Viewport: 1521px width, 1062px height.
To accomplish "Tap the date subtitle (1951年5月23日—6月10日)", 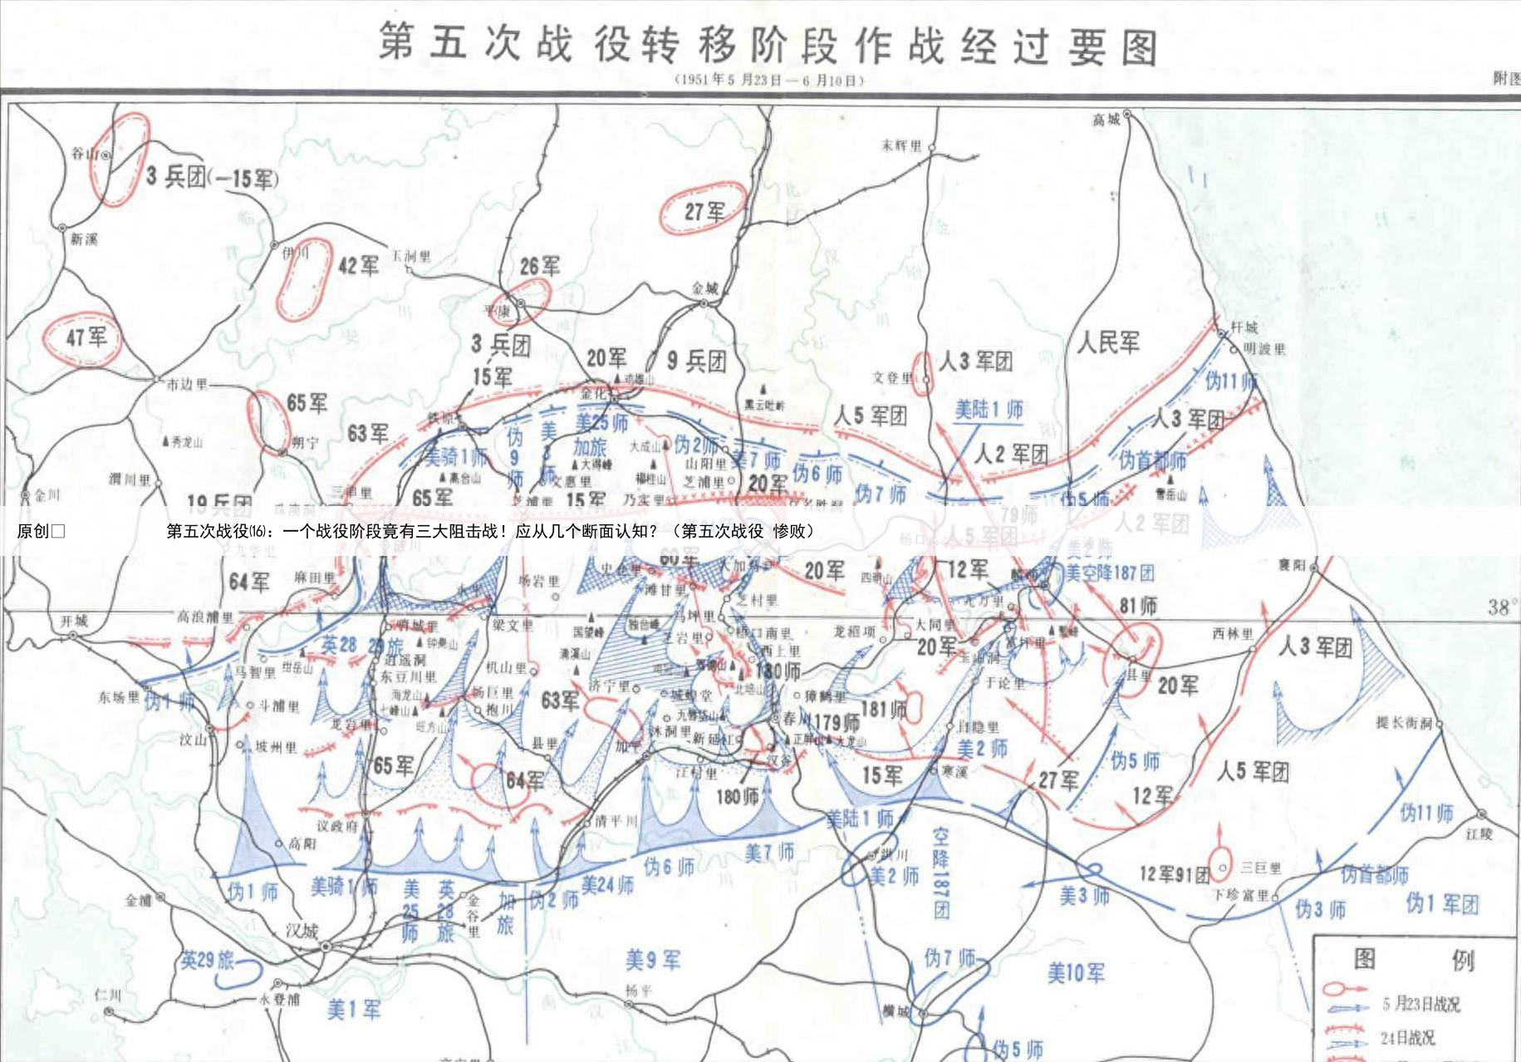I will click(768, 81).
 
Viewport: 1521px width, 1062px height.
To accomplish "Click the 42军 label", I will click(358, 265).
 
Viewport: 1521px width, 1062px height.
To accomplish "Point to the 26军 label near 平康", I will click(540, 266).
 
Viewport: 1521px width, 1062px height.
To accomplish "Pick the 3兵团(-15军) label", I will click(212, 177).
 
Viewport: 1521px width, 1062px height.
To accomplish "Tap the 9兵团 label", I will click(697, 361).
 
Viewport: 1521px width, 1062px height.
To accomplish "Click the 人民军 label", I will click(1108, 342).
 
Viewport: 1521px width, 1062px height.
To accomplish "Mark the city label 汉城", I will click(302, 931).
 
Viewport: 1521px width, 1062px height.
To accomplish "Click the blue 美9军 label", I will click(653, 961).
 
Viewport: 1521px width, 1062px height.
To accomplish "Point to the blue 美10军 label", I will click(1076, 972).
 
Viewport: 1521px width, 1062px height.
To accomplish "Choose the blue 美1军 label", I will click(354, 1010).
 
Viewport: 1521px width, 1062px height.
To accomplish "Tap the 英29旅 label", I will click(208, 961).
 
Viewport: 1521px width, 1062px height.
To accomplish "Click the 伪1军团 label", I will click(1443, 903).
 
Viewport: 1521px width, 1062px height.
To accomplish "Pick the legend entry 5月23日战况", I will click(1420, 1004).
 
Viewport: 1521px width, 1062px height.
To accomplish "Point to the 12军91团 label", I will click(1174, 874).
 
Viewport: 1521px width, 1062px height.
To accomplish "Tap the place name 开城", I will click(73, 621).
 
